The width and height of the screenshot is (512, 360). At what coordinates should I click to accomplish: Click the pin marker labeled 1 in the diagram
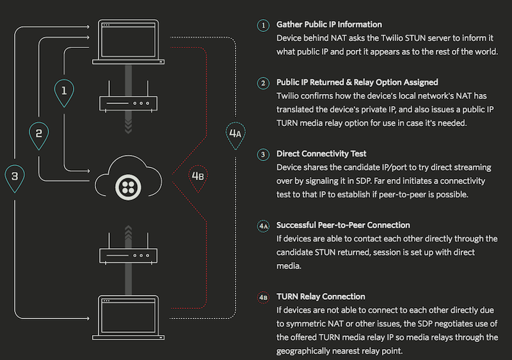64,91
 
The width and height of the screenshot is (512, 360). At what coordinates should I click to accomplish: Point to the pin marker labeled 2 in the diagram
39,134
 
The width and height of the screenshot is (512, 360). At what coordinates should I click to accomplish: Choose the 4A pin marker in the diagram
235,134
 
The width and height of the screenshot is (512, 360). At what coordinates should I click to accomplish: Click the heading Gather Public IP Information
329,25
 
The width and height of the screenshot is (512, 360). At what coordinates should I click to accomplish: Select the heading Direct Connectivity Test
321,154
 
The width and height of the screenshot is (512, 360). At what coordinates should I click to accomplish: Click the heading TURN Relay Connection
321,297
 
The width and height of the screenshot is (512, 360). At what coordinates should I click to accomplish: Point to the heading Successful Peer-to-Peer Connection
343,226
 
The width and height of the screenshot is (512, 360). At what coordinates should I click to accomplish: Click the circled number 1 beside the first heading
263,26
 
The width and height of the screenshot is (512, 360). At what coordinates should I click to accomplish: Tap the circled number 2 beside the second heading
263,83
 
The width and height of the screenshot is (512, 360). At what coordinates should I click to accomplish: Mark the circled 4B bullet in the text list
263,297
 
